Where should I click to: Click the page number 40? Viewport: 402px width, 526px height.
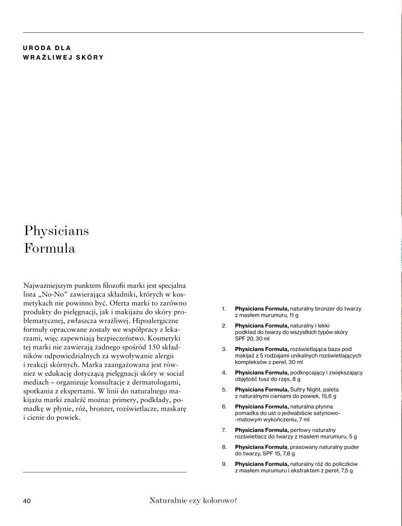click(27, 501)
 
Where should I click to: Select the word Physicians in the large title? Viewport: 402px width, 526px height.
click(56, 232)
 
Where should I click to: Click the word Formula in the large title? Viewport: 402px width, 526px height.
click(50, 249)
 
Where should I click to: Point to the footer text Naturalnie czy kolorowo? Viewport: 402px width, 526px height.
click(193, 501)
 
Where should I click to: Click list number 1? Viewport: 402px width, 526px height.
click(224, 309)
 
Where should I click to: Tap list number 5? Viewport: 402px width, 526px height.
click(224, 390)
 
